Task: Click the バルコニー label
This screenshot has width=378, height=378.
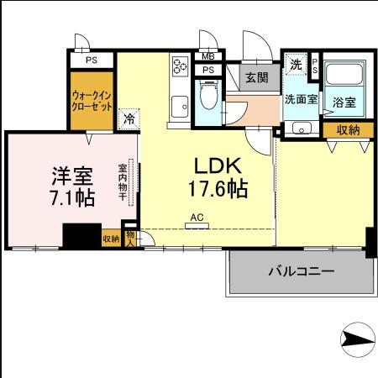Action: tap(302, 272)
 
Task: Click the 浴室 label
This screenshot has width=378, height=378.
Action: tap(344, 102)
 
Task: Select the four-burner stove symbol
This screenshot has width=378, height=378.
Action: tap(180, 66)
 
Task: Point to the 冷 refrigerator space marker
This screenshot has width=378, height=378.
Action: tap(129, 118)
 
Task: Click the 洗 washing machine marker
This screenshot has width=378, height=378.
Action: tap(295, 65)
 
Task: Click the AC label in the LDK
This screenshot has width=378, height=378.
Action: tap(198, 216)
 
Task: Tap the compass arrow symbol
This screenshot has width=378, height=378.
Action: tap(356, 341)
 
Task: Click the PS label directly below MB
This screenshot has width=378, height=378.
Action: tap(208, 70)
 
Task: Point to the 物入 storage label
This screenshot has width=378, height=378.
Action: tap(130, 237)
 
